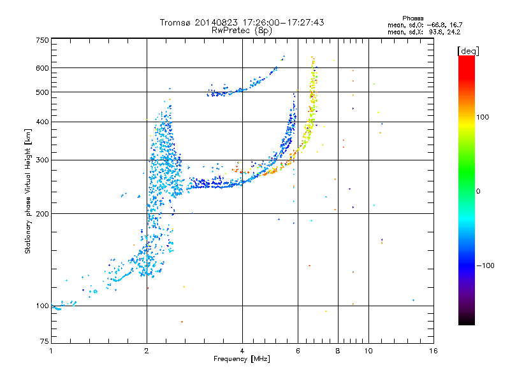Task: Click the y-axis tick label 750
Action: [42, 40]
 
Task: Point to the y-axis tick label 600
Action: [42, 67]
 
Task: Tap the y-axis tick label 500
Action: [42, 92]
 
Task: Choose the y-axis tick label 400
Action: [42, 122]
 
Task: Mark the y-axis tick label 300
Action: [42, 160]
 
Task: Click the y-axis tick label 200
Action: [42, 213]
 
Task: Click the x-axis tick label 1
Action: [51, 351]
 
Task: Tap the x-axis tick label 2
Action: [147, 351]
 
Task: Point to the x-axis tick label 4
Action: [242, 351]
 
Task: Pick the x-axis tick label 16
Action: [433, 351]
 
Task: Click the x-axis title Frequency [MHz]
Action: [242, 359]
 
